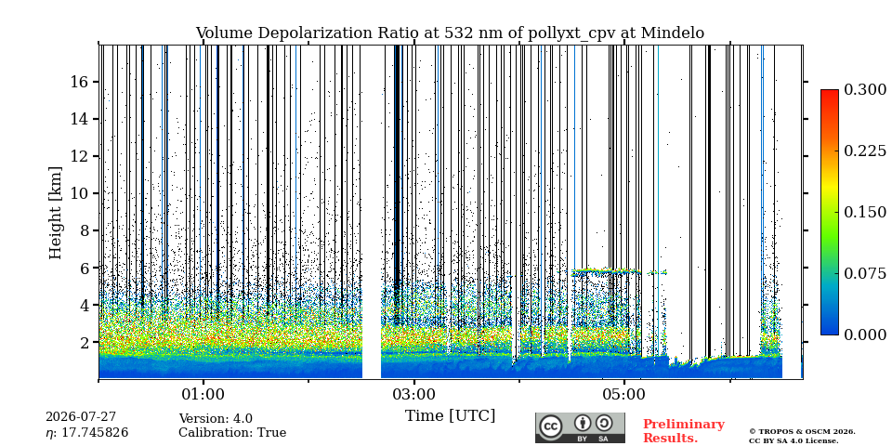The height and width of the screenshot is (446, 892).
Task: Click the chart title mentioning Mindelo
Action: [450, 33]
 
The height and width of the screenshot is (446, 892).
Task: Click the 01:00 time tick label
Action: [203, 394]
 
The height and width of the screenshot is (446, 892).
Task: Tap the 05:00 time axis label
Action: [624, 394]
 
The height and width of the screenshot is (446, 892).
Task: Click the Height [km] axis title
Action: [55, 213]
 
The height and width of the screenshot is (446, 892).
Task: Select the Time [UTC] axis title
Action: [450, 416]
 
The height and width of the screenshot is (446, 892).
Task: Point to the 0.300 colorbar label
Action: [865, 90]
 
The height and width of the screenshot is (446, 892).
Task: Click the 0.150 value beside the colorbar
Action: [865, 212]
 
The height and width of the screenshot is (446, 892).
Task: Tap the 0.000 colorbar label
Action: [865, 334]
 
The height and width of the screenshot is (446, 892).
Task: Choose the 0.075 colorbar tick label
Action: [865, 273]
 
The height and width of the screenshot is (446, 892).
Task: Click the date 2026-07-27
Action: [81, 417]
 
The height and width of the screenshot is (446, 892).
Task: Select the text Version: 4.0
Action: [216, 419]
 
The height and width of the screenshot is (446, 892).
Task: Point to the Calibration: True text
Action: [232, 433]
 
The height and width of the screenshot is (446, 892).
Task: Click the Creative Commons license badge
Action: [580, 427]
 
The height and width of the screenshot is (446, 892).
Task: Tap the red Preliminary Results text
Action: [684, 431]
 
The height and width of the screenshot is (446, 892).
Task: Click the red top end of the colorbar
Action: [830, 91]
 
